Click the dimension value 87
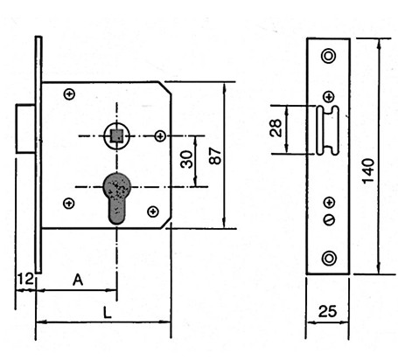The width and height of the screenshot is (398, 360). pyautogui.click(x=215, y=156)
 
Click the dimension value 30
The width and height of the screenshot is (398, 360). pyautogui.click(x=186, y=159)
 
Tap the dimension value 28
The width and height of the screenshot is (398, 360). pyautogui.click(x=276, y=128)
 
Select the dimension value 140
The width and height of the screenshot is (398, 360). pyautogui.click(x=368, y=171)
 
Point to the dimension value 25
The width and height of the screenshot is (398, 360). pyautogui.click(x=327, y=311)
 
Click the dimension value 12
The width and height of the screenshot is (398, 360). pyautogui.click(x=26, y=279)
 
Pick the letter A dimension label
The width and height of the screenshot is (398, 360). pyautogui.click(x=78, y=280)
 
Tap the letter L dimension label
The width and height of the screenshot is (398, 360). pyautogui.click(x=108, y=313)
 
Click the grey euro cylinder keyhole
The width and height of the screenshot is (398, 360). pyautogui.click(x=117, y=198)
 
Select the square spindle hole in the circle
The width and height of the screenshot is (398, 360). pyautogui.click(x=117, y=135)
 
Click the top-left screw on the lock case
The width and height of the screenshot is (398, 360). pyautogui.click(x=69, y=94)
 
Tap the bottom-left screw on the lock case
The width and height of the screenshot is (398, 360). pyautogui.click(x=69, y=203)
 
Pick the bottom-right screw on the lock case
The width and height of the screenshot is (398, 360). pyautogui.click(x=153, y=211)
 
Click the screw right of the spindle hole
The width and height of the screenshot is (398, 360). pyautogui.click(x=160, y=135)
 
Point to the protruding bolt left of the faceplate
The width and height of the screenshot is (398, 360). pyautogui.click(x=25, y=128)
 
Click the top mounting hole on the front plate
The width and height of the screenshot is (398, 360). pyautogui.click(x=329, y=56)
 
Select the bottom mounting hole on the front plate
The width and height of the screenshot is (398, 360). pyautogui.click(x=329, y=259)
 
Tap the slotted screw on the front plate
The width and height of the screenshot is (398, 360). pyautogui.click(x=330, y=219)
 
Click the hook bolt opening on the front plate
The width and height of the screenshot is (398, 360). pyautogui.click(x=328, y=130)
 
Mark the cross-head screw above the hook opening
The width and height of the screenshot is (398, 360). pyautogui.click(x=329, y=96)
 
